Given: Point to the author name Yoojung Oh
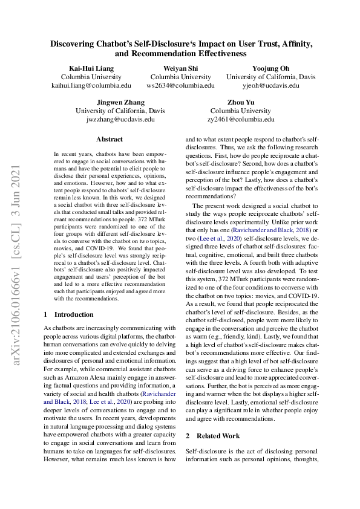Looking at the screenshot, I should click(x=270, y=68).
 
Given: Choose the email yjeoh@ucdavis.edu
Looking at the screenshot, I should click(x=270, y=86).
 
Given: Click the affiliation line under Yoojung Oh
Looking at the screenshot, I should click(x=270, y=77).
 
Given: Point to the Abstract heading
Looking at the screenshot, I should click(x=109, y=139).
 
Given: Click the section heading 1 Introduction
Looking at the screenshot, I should click(x=68, y=314).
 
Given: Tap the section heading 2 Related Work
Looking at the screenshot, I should click(x=212, y=435).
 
